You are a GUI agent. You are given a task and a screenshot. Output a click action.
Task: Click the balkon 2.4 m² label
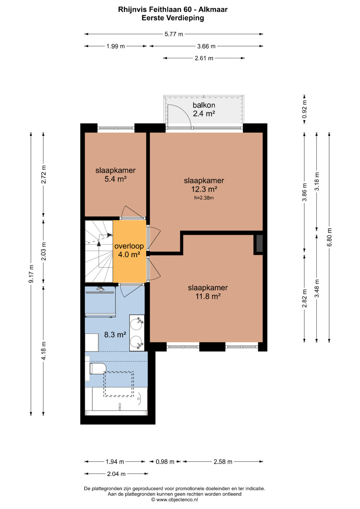point(204,109)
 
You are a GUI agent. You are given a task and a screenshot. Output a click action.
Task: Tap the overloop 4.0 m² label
point(129,250)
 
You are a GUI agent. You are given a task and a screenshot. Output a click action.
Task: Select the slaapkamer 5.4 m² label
point(115,175)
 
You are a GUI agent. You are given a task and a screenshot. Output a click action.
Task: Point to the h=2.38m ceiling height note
point(204,198)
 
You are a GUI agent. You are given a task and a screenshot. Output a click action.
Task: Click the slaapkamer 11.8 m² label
point(208,292)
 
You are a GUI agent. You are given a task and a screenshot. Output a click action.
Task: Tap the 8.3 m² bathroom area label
point(115,335)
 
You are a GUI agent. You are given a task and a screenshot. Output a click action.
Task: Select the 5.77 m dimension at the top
point(174,34)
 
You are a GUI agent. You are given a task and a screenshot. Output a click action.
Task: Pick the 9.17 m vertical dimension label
point(31,274)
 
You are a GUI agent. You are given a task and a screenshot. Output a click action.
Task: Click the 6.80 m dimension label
point(329,237)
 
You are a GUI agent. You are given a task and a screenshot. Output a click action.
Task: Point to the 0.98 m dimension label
point(165,462)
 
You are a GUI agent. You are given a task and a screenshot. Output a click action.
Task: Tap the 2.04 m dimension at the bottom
point(116,474)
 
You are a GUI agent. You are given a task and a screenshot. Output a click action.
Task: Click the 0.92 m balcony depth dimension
point(304,109)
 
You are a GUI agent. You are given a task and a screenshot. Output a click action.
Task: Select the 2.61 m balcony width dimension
point(204,58)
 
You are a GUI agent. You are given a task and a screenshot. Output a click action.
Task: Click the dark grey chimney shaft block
point(260,243)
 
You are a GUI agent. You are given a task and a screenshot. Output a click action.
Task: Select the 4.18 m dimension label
point(44,351)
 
